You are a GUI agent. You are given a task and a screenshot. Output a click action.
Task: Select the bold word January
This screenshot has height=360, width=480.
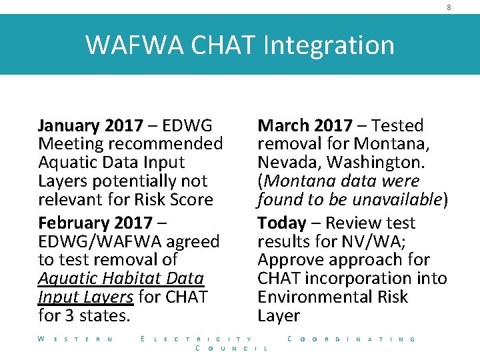click(70, 125)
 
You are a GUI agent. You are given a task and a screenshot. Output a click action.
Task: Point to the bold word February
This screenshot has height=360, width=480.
click(75, 223)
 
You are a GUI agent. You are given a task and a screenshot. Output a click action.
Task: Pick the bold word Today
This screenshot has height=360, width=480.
click(281, 223)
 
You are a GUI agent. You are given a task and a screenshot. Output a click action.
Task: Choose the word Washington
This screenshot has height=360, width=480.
click(378, 162)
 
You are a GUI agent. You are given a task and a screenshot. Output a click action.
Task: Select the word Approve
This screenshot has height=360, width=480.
click(286, 259)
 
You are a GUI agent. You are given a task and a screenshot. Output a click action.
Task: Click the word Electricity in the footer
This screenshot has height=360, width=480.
click(197, 339)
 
